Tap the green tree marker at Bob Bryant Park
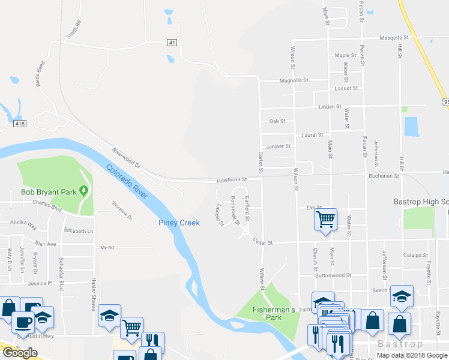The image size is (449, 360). [x=84, y=191]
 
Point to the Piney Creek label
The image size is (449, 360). [x=178, y=223]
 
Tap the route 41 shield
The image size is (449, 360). [x=172, y=42]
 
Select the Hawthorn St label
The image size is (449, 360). [x=232, y=179]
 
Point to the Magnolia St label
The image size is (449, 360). [x=294, y=80]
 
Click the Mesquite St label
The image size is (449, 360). [x=394, y=37]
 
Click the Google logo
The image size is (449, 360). [x=20, y=353]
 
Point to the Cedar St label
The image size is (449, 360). [x=263, y=242]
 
